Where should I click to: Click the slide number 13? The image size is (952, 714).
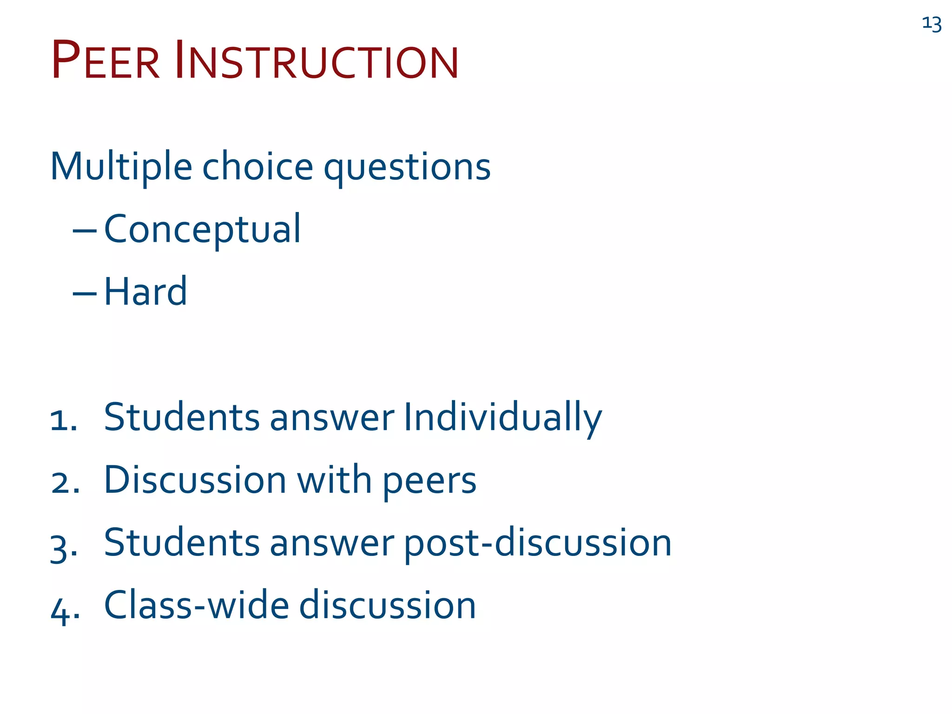tap(932, 24)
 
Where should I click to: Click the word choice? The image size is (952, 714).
tap(258, 166)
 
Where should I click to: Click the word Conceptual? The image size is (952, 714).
tap(202, 230)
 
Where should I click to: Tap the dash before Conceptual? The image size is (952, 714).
tap(85, 231)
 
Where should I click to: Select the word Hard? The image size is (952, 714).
tap(145, 292)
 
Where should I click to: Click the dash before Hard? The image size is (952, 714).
tap(85, 293)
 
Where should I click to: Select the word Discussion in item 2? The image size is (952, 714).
tap(195, 480)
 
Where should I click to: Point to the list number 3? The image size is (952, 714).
tap(63, 548)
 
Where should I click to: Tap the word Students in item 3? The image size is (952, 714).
tap(181, 543)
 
